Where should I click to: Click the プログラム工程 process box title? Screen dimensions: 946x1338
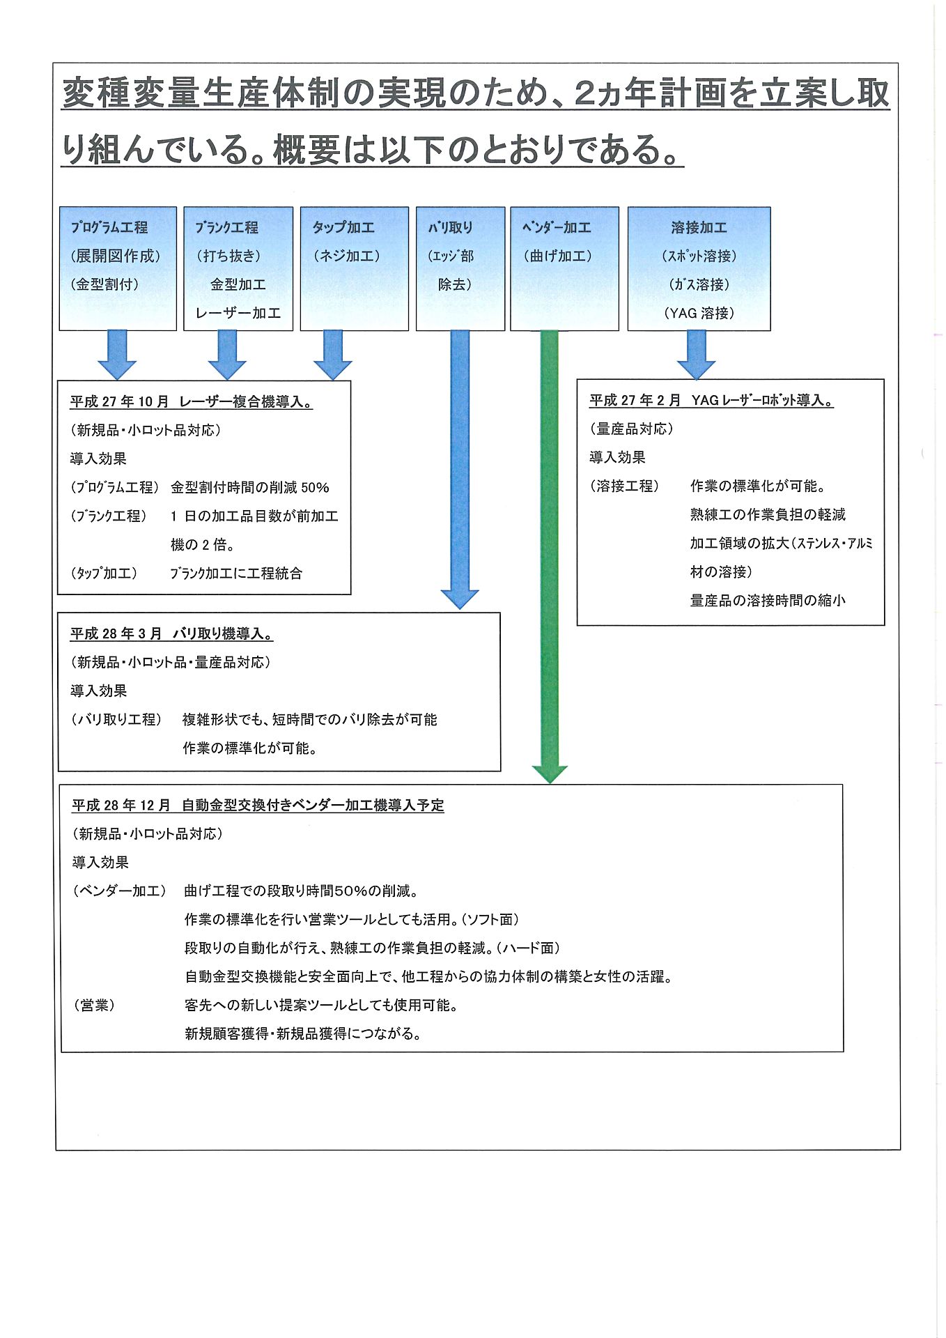tap(109, 227)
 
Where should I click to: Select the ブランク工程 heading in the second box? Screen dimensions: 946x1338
tap(226, 227)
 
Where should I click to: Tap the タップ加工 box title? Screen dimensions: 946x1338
tap(343, 227)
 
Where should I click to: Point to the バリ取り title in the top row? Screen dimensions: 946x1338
tap(450, 227)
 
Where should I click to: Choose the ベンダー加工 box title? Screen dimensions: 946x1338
tap(557, 227)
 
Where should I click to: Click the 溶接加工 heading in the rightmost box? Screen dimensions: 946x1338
tap(699, 227)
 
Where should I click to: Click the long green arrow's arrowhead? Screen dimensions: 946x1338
tap(550, 774)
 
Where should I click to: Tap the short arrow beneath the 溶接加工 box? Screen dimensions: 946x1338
tap(697, 355)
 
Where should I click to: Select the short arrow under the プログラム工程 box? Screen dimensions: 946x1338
tap(117, 355)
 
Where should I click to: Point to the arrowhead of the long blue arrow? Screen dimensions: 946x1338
tap(460, 599)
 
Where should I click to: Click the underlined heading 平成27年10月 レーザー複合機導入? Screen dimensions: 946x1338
tap(191, 402)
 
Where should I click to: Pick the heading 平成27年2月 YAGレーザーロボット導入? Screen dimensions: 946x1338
tap(711, 401)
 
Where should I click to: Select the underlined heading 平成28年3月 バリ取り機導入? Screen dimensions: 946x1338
tap(171, 634)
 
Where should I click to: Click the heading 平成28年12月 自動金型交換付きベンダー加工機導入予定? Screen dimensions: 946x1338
tap(258, 806)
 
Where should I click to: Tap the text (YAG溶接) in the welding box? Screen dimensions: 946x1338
tap(699, 314)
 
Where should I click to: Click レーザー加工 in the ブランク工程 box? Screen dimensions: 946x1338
tap(238, 314)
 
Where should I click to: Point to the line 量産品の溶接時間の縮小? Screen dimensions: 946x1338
tap(768, 601)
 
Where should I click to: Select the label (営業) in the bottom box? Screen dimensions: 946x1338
tap(94, 1006)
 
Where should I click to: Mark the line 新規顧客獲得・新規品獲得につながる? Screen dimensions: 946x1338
tap(303, 1034)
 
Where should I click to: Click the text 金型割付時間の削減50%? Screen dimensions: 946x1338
tap(249, 488)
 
